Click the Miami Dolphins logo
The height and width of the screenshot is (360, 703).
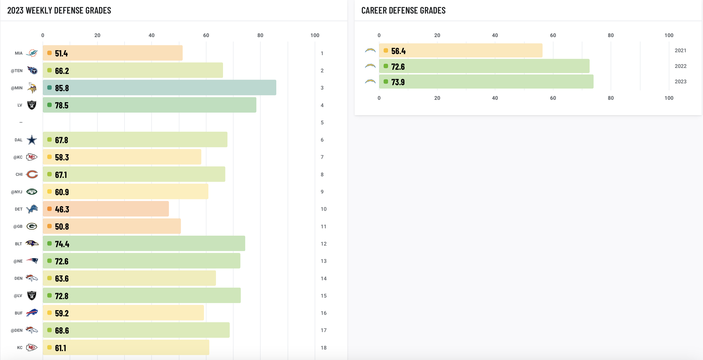pyautogui.click(x=32, y=53)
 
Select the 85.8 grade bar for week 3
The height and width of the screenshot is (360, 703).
pyautogui.click(x=159, y=88)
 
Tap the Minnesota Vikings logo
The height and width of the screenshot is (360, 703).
pyautogui.click(x=32, y=88)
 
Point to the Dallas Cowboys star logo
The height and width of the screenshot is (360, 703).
pyautogui.click(x=32, y=140)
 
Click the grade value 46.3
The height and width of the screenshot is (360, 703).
pyautogui.click(x=62, y=209)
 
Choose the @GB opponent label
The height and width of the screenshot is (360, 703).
pyautogui.click(x=18, y=227)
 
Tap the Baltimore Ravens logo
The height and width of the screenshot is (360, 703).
pyautogui.click(x=32, y=243)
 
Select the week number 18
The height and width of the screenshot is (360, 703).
pyautogui.click(x=323, y=348)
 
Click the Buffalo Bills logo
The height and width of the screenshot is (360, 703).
pyautogui.click(x=32, y=313)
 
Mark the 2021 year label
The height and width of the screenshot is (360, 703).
pyautogui.click(x=680, y=50)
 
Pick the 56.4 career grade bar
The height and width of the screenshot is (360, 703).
pyautogui.click(x=461, y=50)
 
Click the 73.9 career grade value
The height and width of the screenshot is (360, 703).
pyautogui.click(x=398, y=82)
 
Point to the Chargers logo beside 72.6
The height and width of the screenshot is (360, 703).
pyautogui.click(x=370, y=66)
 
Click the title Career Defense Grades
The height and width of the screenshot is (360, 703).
pyautogui.click(x=403, y=10)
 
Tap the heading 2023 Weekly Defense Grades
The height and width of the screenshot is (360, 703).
pyautogui.click(x=59, y=10)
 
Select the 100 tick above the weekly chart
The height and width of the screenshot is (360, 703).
pyautogui.click(x=315, y=35)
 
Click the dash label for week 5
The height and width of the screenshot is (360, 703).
pyautogui.click(x=21, y=123)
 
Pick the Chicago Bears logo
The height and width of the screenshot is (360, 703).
pyautogui.click(x=32, y=175)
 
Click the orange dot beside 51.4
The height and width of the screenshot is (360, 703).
pyautogui.click(x=49, y=53)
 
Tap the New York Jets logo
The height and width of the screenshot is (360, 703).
pyautogui.click(x=32, y=191)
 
